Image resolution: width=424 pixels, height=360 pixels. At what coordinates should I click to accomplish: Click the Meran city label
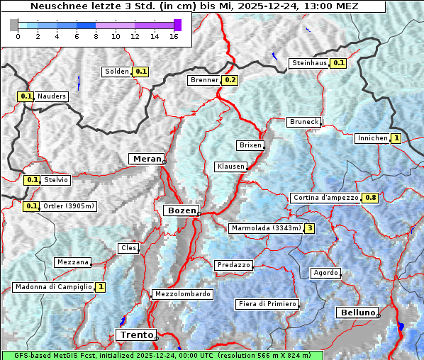click(145, 159)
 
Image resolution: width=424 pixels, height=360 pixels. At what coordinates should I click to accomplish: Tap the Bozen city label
click(180, 210)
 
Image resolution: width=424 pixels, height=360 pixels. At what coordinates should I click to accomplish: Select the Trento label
click(135, 334)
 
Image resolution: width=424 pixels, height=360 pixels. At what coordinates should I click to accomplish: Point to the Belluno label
click(357, 313)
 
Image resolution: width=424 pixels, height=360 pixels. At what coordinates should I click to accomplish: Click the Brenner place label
click(204, 80)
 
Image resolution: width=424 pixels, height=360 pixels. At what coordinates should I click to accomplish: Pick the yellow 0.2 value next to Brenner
click(230, 80)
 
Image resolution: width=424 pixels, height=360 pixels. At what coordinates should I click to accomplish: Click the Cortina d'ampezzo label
click(325, 198)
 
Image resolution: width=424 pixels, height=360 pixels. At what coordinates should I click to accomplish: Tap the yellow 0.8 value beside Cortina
click(369, 198)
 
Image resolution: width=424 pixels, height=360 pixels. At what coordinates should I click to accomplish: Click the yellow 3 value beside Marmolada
click(309, 228)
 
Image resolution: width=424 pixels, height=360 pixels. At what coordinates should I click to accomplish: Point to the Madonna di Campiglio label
click(53, 287)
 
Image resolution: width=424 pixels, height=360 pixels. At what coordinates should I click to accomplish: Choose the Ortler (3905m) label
click(68, 206)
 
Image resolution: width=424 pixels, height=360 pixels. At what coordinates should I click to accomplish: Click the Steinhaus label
click(309, 63)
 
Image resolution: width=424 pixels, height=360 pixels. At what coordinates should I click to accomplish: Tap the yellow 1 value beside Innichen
click(396, 138)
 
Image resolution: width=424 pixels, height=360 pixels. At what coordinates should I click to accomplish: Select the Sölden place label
click(117, 72)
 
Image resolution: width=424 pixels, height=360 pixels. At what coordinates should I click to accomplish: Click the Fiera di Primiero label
click(267, 304)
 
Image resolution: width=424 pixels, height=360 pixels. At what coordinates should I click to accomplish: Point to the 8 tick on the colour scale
click(96, 36)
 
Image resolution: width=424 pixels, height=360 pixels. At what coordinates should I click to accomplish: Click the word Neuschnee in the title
click(59, 6)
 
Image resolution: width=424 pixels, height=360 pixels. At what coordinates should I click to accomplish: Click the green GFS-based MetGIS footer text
click(162, 355)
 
